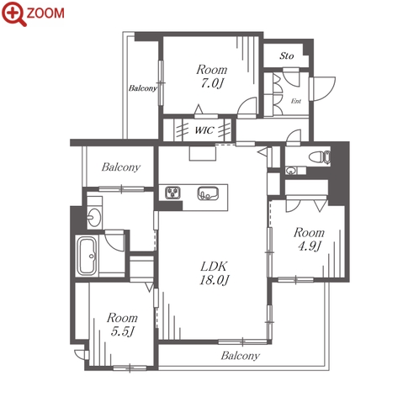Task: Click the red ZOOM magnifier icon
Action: click(x=14, y=13)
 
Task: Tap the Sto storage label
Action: click(x=286, y=56)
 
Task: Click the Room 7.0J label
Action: click(x=212, y=77)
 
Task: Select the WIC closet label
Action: click(x=204, y=130)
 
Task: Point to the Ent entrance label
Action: click(x=296, y=101)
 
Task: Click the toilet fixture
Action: click(x=320, y=157)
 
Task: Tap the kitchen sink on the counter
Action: click(x=208, y=193)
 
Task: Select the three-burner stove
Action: click(x=172, y=193)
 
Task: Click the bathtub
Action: click(x=87, y=256)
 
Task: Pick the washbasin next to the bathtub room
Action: click(x=94, y=217)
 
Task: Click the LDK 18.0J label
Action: click(x=214, y=273)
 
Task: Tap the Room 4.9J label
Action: click(x=309, y=239)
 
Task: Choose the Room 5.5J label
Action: click(x=122, y=325)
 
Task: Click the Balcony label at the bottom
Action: click(x=240, y=356)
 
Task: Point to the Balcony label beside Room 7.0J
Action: click(x=143, y=88)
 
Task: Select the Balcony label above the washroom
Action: click(x=121, y=167)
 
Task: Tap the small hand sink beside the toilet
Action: click(x=290, y=171)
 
